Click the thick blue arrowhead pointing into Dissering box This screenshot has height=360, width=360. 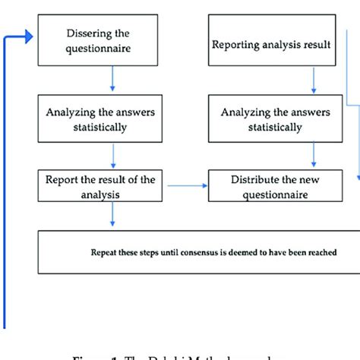point(29,36)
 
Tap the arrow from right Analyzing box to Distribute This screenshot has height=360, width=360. point(312,155)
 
